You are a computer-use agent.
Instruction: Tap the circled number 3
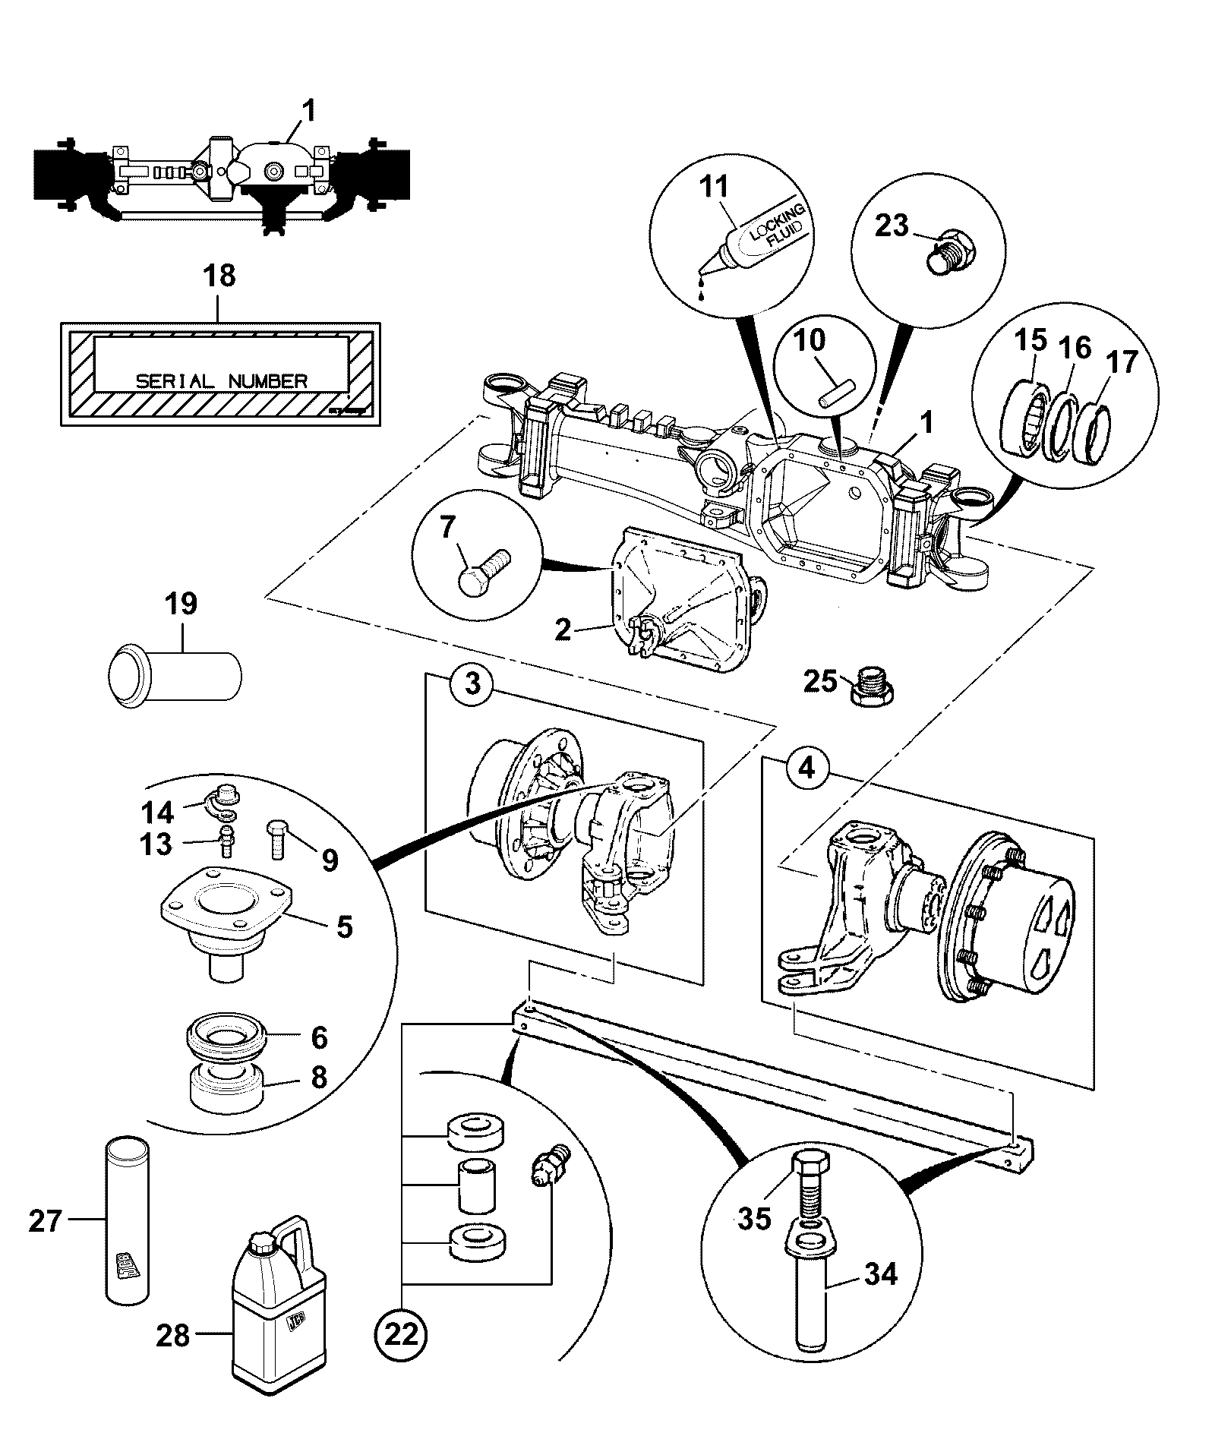[x=472, y=684]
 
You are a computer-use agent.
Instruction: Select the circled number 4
[x=806, y=768]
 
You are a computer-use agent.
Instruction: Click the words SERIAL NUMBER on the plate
[x=222, y=380]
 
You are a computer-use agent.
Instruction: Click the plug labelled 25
[x=873, y=686]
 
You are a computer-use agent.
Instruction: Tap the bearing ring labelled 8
[x=226, y=1090]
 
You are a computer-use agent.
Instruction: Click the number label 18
[x=219, y=276]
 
